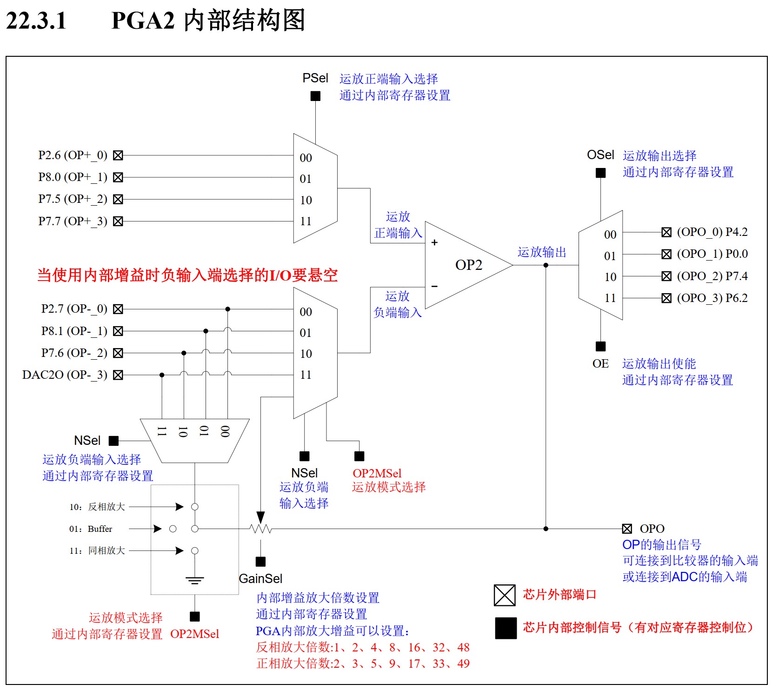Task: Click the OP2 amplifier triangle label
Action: pyautogui.click(x=468, y=265)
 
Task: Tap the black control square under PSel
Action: pyautogui.click(x=315, y=96)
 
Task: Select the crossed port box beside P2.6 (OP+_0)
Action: pyautogui.click(x=118, y=155)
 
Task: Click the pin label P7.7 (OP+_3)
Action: pyautogui.click(x=73, y=221)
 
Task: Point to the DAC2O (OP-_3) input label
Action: pyautogui.click(x=65, y=375)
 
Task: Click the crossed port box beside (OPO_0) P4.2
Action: pyautogui.click(x=666, y=232)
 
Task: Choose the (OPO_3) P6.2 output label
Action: pyautogui.click(x=712, y=298)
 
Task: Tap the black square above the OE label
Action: pyautogui.click(x=600, y=346)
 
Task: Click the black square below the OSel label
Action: pyautogui.click(x=600, y=173)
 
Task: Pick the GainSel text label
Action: pyautogui.click(x=260, y=578)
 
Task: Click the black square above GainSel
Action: pyautogui.click(x=260, y=562)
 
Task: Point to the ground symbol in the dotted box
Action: pyautogui.click(x=194, y=580)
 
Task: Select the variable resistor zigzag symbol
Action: pyautogui.click(x=260, y=529)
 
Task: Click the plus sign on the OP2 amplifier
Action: pyautogui.click(x=434, y=242)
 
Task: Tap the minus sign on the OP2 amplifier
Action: pyautogui.click(x=434, y=286)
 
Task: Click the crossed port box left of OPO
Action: pyautogui.click(x=627, y=529)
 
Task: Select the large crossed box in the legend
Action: pyautogui.click(x=505, y=595)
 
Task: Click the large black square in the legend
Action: pyautogui.click(x=506, y=628)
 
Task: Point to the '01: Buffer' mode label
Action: pyautogui.click(x=91, y=529)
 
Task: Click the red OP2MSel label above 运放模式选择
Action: pyautogui.click(x=377, y=473)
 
